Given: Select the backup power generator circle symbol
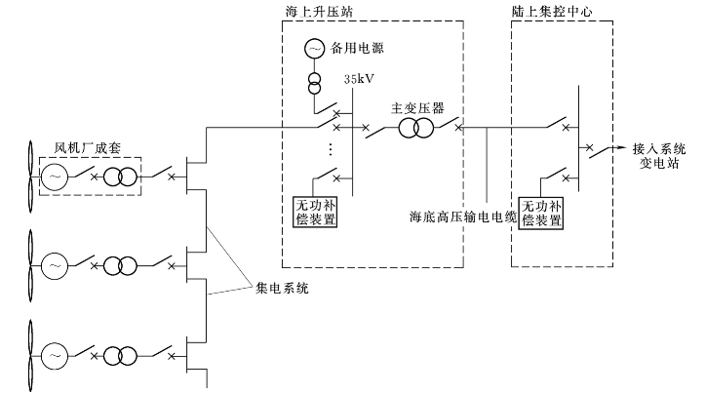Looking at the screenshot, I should coord(314,47).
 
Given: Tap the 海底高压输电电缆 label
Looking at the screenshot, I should coord(463,217).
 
